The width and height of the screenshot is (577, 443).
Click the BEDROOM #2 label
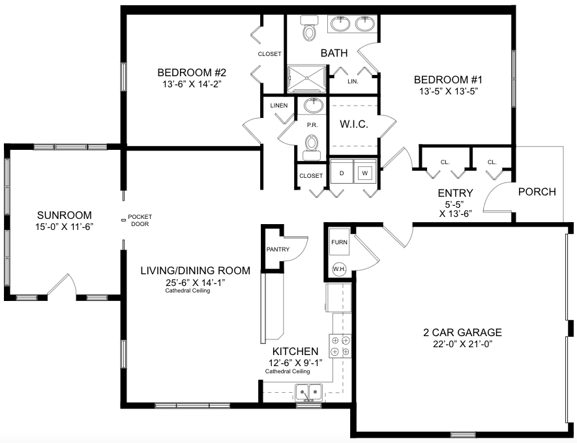tap(192, 72)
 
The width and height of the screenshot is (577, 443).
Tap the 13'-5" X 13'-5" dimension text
tap(448, 91)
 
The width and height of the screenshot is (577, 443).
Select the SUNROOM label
tap(65, 215)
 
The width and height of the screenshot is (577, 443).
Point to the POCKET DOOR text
tap(140, 220)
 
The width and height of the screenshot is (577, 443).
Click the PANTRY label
tap(278, 250)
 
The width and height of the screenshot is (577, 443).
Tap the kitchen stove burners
tap(340, 346)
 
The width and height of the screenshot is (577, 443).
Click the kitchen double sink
tap(309, 392)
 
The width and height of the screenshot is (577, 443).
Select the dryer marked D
tap(342, 172)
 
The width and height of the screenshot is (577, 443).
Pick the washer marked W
tap(365, 172)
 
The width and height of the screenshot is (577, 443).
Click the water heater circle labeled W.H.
tap(339, 269)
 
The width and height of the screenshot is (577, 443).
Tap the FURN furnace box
tap(339, 242)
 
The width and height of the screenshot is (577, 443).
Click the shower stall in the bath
tap(306, 79)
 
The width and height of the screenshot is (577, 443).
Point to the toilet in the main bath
tap(308, 28)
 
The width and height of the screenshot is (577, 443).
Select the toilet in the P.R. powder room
tap(312, 147)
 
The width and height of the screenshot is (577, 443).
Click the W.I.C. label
tap(353, 124)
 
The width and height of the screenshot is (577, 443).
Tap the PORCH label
tap(537, 192)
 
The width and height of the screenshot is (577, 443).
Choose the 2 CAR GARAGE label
tap(462, 332)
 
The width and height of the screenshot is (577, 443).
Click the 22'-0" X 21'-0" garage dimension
tap(462, 344)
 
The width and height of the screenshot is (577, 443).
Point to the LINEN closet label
tap(279, 106)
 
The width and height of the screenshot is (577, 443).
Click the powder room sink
tap(314, 105)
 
